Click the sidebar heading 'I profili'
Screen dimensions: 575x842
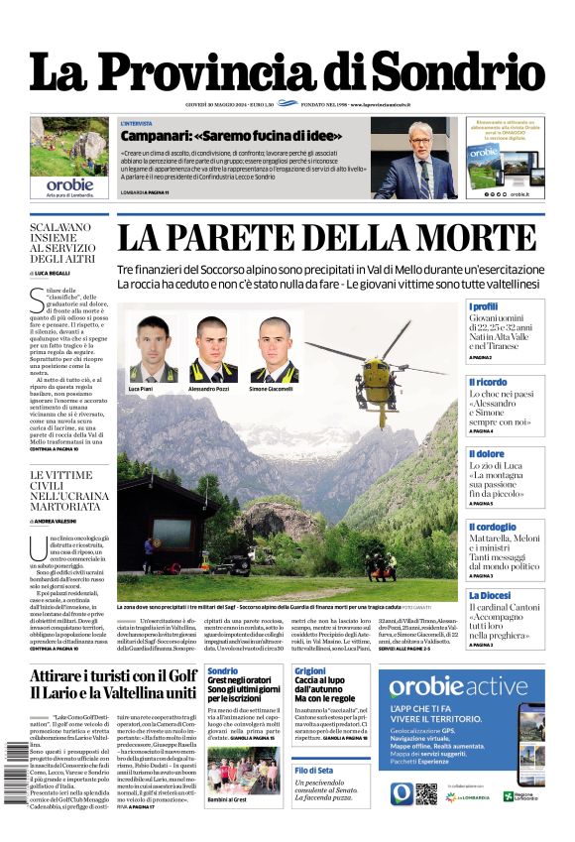pos(484,306)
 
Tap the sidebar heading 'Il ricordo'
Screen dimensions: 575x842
pos(488,381)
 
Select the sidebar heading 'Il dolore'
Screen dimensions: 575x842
pos(486,454)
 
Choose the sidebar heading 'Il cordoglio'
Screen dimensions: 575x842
pos(492,528)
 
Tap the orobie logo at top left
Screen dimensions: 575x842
pos(68,183)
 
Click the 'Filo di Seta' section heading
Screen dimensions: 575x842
pos(315,770)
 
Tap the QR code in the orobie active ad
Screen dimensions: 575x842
pos(454,793)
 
